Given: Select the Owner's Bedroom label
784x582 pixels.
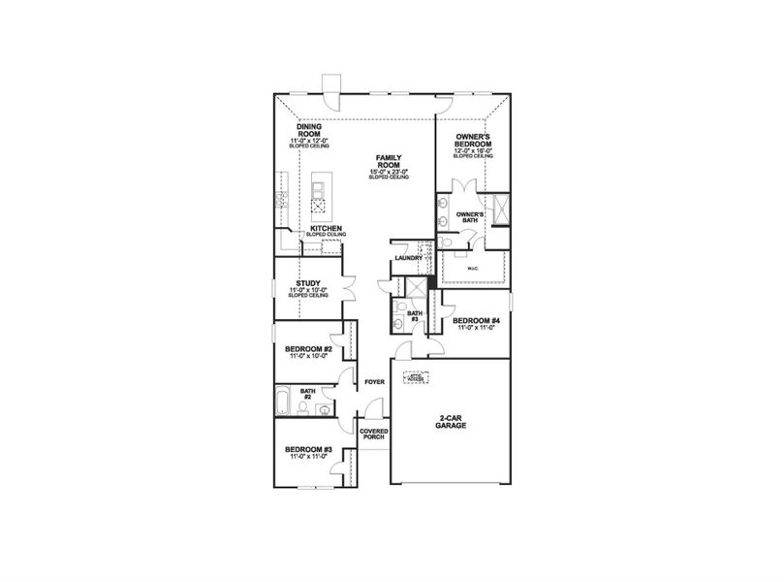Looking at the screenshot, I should [x=474, y=141].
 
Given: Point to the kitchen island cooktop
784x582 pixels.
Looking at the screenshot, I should [x=318, y=206].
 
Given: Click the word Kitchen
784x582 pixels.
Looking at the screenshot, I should [x=327, y=228].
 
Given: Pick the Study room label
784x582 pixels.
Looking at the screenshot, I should [x=308, y=283].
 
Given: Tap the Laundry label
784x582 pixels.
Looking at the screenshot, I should [x=407, y=258].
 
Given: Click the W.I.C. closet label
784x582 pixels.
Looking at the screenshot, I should [x=474, y=269].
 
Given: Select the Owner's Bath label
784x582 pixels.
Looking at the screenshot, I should [x=470, y=215].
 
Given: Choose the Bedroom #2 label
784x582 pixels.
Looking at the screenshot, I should [x=308, y=349].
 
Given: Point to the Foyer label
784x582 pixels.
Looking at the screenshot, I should [x=374, y=382].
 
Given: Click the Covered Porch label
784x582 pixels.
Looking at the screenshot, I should [x=373, y=433].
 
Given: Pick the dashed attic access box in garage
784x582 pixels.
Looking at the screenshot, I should [x=416, y=379].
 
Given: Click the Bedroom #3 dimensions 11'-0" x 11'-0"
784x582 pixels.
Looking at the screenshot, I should [x=308, y=456].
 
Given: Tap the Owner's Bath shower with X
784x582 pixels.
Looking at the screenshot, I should [x=501, y=209].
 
